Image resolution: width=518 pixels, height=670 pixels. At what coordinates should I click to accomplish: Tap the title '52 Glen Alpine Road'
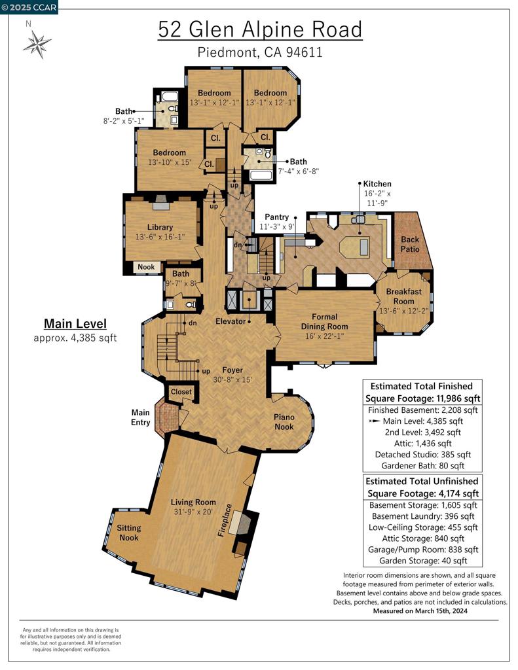(x=259, y=30)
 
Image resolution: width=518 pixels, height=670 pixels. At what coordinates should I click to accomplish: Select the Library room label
(x=160, y=227)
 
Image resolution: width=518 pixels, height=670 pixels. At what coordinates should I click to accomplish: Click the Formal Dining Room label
(x=324, y=321)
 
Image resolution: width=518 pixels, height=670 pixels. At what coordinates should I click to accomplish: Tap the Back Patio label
(x=410, y=244)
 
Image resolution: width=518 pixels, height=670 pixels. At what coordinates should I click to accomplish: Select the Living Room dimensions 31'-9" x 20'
(x=193, y=512)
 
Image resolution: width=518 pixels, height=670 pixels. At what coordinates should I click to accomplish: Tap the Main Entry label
(x=141, y=417)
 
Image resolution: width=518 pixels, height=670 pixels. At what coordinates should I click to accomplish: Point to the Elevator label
(x=230, y=321)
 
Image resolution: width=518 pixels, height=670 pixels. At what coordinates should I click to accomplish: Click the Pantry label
(x=276, y=217)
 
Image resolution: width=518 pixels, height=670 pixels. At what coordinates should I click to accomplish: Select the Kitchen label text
(x=377, y=184)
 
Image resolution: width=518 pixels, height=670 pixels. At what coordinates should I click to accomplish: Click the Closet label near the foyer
(x=181, y=392)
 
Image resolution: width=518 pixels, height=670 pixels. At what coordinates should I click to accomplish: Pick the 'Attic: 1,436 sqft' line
(x=422, y=443)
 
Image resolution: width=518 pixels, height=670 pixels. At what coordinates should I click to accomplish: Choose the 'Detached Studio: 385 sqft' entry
(x=422, y=454)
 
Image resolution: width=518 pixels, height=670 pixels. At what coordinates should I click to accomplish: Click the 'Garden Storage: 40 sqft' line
(x=422, y=561)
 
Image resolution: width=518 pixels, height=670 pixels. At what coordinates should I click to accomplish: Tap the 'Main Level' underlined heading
(x=75, y=323)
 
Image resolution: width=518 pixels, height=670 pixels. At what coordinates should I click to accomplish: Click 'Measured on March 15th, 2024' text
(x=420, y=611)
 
